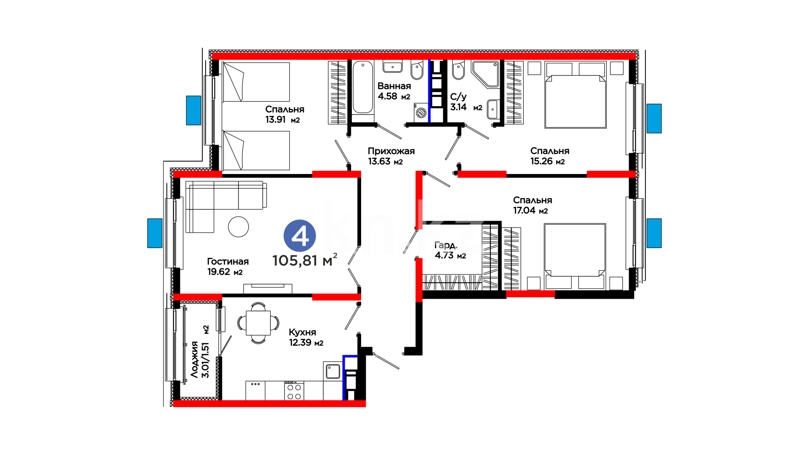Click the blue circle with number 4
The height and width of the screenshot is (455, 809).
(x=300, y=236)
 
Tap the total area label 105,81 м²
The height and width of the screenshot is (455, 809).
(x=305, y=260)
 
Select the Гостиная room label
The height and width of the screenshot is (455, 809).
(x=228, y=262)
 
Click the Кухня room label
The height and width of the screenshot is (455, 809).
(x=302, y=332)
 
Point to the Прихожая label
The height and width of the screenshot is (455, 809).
(x=391, y=151)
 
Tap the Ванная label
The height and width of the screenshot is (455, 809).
(x=394, y=86)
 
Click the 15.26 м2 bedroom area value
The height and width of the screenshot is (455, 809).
(x=547, y=161)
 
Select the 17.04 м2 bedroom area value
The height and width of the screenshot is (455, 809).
(x=530, y=211)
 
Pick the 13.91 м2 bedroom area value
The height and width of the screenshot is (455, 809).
(x=282, y=120)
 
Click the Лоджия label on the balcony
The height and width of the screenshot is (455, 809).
(x=194, y=359)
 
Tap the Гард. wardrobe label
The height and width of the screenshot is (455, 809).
(x=446, y=245)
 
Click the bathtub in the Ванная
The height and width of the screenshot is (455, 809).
(x=363, y=87)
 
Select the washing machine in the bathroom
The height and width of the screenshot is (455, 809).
(x=421, y=112)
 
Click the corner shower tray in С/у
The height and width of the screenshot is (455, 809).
(x=485, y=75)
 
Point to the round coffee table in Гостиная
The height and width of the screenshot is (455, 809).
(x=238, y=227)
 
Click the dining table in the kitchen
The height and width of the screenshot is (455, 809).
(x=258, y=323)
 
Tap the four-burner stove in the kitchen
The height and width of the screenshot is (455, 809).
(x=294, y=391)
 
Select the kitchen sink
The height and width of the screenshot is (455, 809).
(x=333, y=371)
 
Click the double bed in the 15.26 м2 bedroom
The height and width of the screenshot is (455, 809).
(x=576, y=95)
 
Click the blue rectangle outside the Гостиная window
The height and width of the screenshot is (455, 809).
(x=155, y=233)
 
